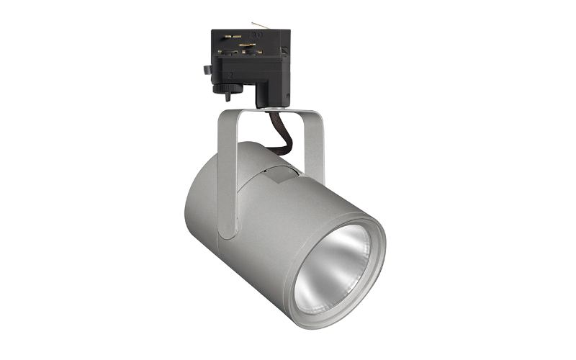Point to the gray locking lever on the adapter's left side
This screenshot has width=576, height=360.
[207, 70]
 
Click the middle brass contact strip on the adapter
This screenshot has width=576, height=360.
[247, 45]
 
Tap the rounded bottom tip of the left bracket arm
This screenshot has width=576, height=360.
[228, 232]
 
